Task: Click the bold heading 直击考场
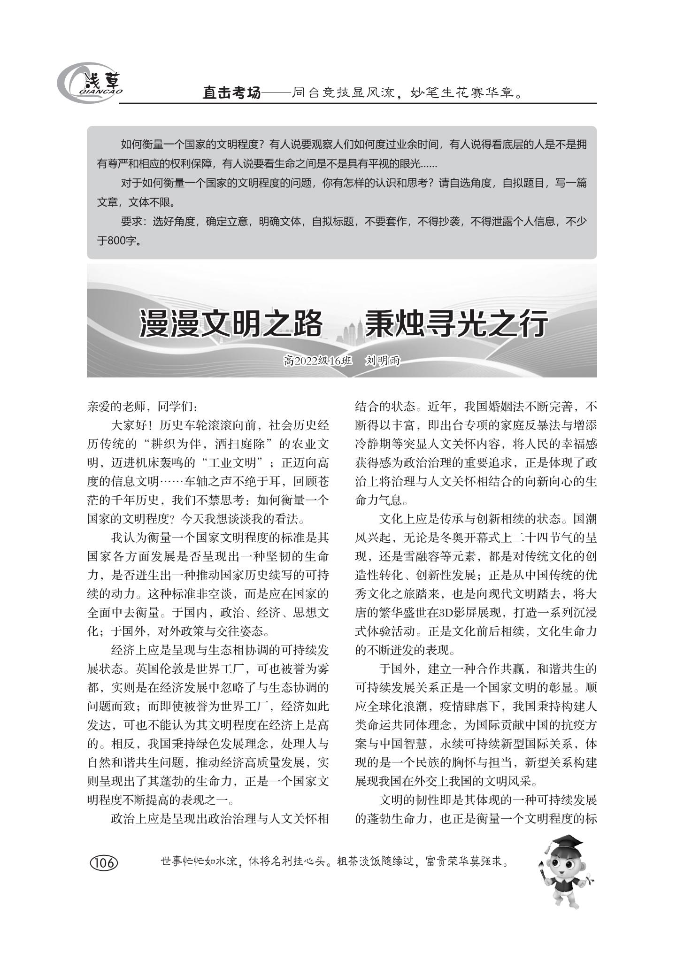231,92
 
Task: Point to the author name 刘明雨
383,361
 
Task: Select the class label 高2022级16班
317,361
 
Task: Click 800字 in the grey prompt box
118,241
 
